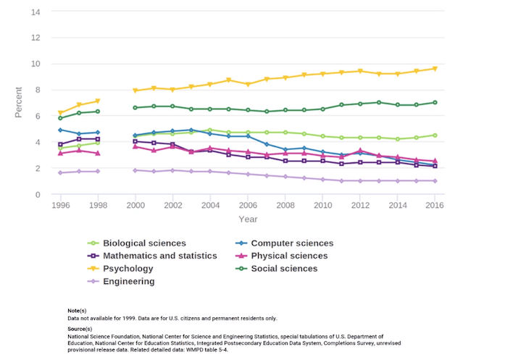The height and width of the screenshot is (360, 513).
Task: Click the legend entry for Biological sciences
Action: (x=145, y=243)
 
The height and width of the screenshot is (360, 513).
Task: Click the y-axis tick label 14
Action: (x=35, y=12)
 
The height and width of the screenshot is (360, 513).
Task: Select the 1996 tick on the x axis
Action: (x=62, y=206)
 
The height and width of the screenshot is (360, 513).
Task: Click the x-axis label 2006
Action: (x=248, y=206)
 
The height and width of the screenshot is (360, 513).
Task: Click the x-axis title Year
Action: (x=248, y=219)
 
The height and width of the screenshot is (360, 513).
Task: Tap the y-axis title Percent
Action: (x=19, y=103)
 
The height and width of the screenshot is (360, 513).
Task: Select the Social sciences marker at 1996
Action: (x=62, y=118)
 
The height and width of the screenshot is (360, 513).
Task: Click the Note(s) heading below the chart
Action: (x=78, y=310)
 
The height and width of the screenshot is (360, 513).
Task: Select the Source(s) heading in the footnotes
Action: (x=80, y=328)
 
